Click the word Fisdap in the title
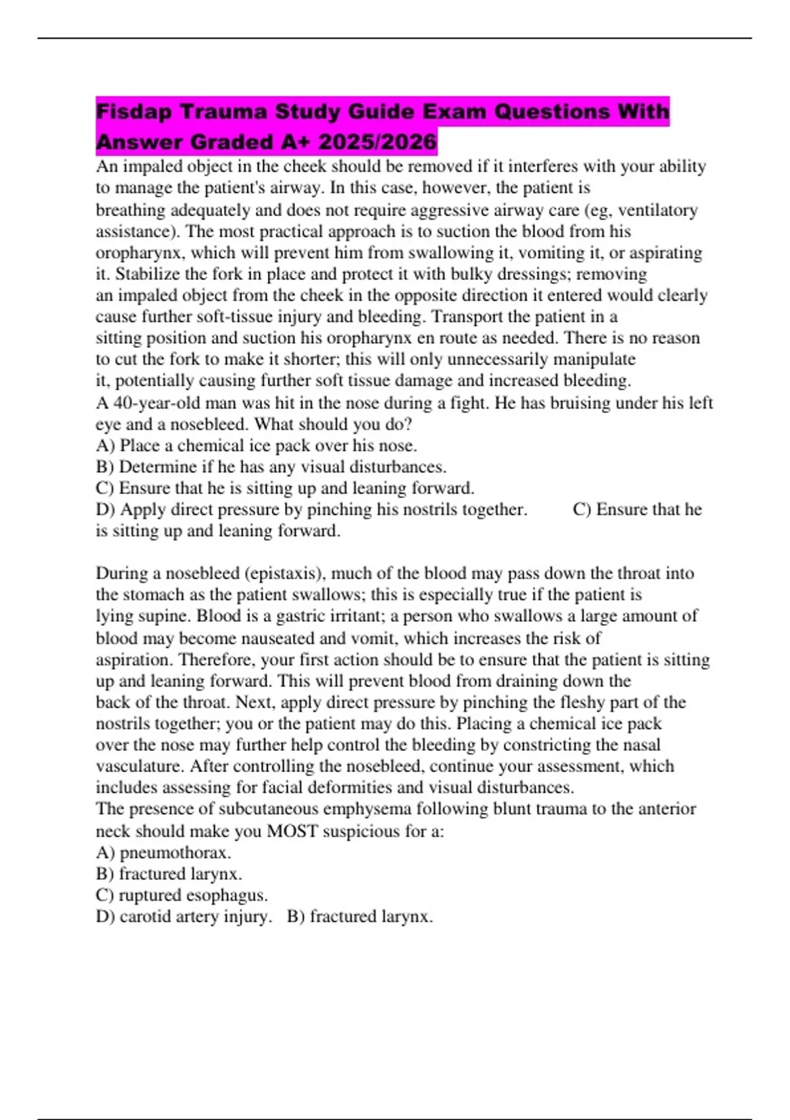(134, 111)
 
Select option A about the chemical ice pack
(256, 445)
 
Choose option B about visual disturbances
(271, 467)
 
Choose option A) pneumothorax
(163, 853)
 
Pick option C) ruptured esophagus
(182, 895)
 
